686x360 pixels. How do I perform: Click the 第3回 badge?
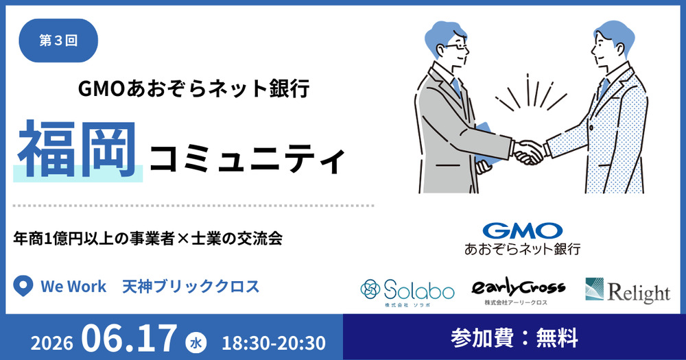(x=58, y=40)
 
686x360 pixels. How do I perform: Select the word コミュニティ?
(x=248, y=160)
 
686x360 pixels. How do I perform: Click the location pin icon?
(x=23, y=286)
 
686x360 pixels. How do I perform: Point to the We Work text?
(x=73, y=287)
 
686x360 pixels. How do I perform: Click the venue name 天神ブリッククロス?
(x=191, y=287)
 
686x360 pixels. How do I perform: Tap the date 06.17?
(x=129, y=338)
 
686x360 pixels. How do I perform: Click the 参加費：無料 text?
(x=514, y=338)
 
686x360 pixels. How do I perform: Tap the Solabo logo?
(x=407, y=291)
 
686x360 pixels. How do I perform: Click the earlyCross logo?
(x=518, y=291)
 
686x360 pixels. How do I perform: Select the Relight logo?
(x=628, y=291)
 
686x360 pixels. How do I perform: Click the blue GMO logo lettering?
(x=522, y=230)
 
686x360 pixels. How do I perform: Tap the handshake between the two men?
(x=528, y=152)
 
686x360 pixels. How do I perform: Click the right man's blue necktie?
(x=604, y=88)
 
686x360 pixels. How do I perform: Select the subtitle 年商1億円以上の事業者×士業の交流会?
(x=148, y=239)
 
